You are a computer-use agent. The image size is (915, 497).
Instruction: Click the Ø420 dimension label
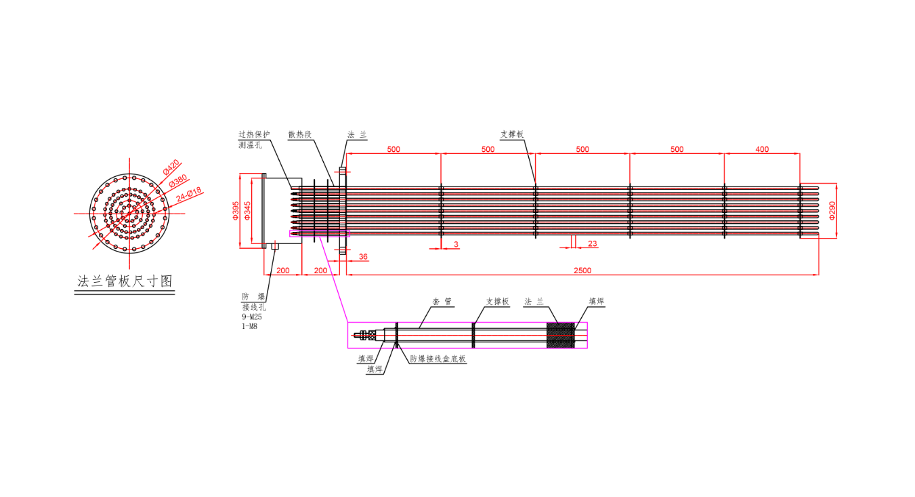coord(171,167)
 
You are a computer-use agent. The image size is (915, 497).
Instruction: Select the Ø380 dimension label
coord(178,180)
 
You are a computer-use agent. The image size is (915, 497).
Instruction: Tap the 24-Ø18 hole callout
coord(189,195)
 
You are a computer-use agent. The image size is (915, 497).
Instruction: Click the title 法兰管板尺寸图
coord(125,281)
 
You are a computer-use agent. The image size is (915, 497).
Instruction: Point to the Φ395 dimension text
coord(236,211)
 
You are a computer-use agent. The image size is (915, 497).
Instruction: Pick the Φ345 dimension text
coord(247,211)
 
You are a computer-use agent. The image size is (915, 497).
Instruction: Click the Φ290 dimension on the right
coord(832,211)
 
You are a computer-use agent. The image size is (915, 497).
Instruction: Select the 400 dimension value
coord(762,149)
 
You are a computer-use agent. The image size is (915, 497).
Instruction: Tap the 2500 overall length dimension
coord(582,271)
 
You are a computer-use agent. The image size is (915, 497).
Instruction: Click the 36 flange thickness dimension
coord(363,256)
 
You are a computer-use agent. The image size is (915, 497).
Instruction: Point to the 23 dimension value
coord(593,244)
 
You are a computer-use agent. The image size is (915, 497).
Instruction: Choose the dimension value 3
coord(456,244)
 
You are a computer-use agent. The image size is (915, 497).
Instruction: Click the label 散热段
coord(300,134)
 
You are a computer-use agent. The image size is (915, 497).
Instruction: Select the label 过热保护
coord(254,134)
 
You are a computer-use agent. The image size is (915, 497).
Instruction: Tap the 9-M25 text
coord(252,317)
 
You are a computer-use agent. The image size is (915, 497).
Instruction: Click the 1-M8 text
coord(250,326)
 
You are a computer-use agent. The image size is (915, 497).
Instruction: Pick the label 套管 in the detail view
coord(442,302)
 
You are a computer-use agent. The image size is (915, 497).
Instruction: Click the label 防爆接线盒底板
coord(438,359)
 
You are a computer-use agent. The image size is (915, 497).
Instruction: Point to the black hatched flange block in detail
coord(560,336)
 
